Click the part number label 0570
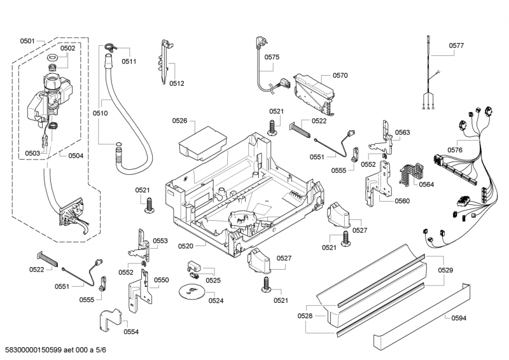340,75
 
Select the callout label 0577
456,46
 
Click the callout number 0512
177,83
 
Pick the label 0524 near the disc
216,300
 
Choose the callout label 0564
426,185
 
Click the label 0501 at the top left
27,41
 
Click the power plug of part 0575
260,43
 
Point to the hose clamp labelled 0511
110,47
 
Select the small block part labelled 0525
195,265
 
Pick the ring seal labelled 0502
52,59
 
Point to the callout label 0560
402,200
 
